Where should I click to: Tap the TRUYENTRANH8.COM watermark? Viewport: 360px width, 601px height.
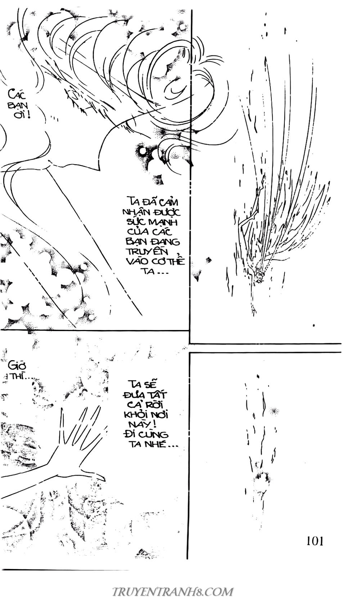pyautogui.click(x=173, y=590)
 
